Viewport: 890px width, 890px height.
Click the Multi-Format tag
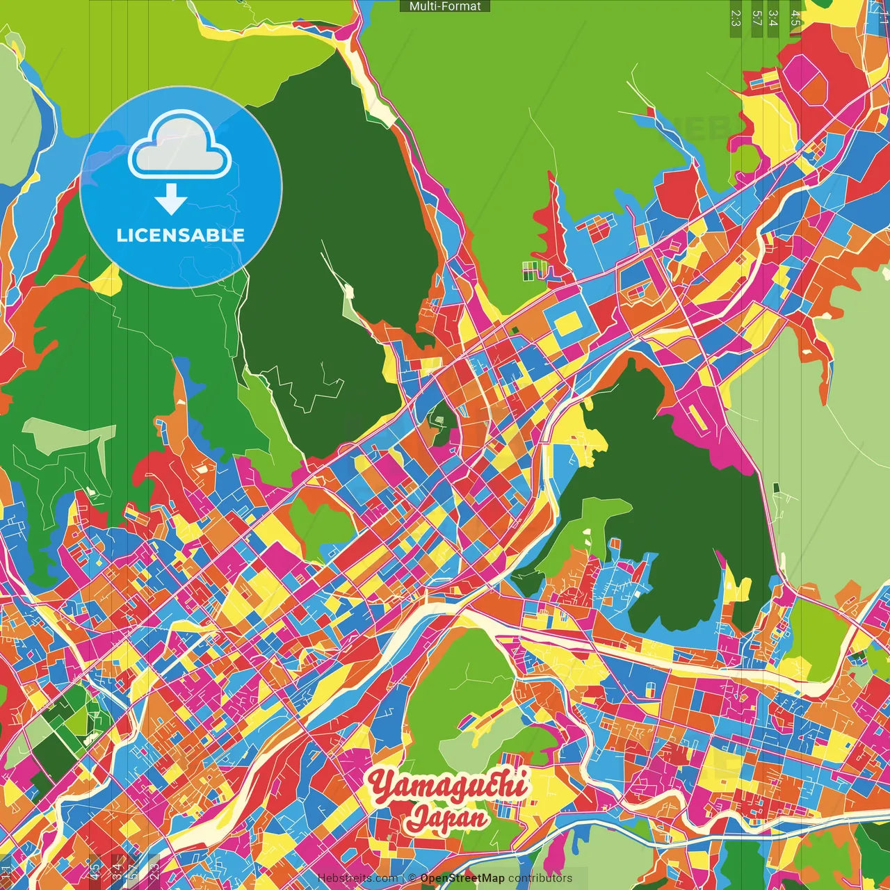[x=445, y=6]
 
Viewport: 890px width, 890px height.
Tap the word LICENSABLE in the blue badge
[x=180, y=235]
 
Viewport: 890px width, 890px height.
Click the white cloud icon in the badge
[x=179, y=148]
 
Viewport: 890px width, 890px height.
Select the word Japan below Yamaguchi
[x=448, y=816]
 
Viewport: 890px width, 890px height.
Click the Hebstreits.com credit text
[x=357, y=878]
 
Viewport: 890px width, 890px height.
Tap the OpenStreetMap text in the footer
[x=462, y=878]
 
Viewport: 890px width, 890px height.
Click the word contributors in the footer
[x=540, y=878]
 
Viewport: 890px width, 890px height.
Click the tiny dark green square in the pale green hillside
[x=776, y=489]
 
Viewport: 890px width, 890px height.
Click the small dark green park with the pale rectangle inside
[x=439, y=419]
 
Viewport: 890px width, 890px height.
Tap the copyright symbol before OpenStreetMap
[x=412, y=878]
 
